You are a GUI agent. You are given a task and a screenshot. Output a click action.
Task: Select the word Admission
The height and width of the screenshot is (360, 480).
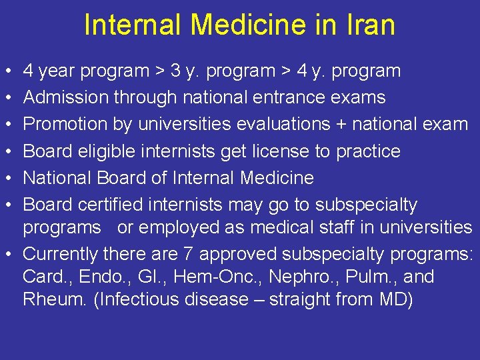67,97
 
